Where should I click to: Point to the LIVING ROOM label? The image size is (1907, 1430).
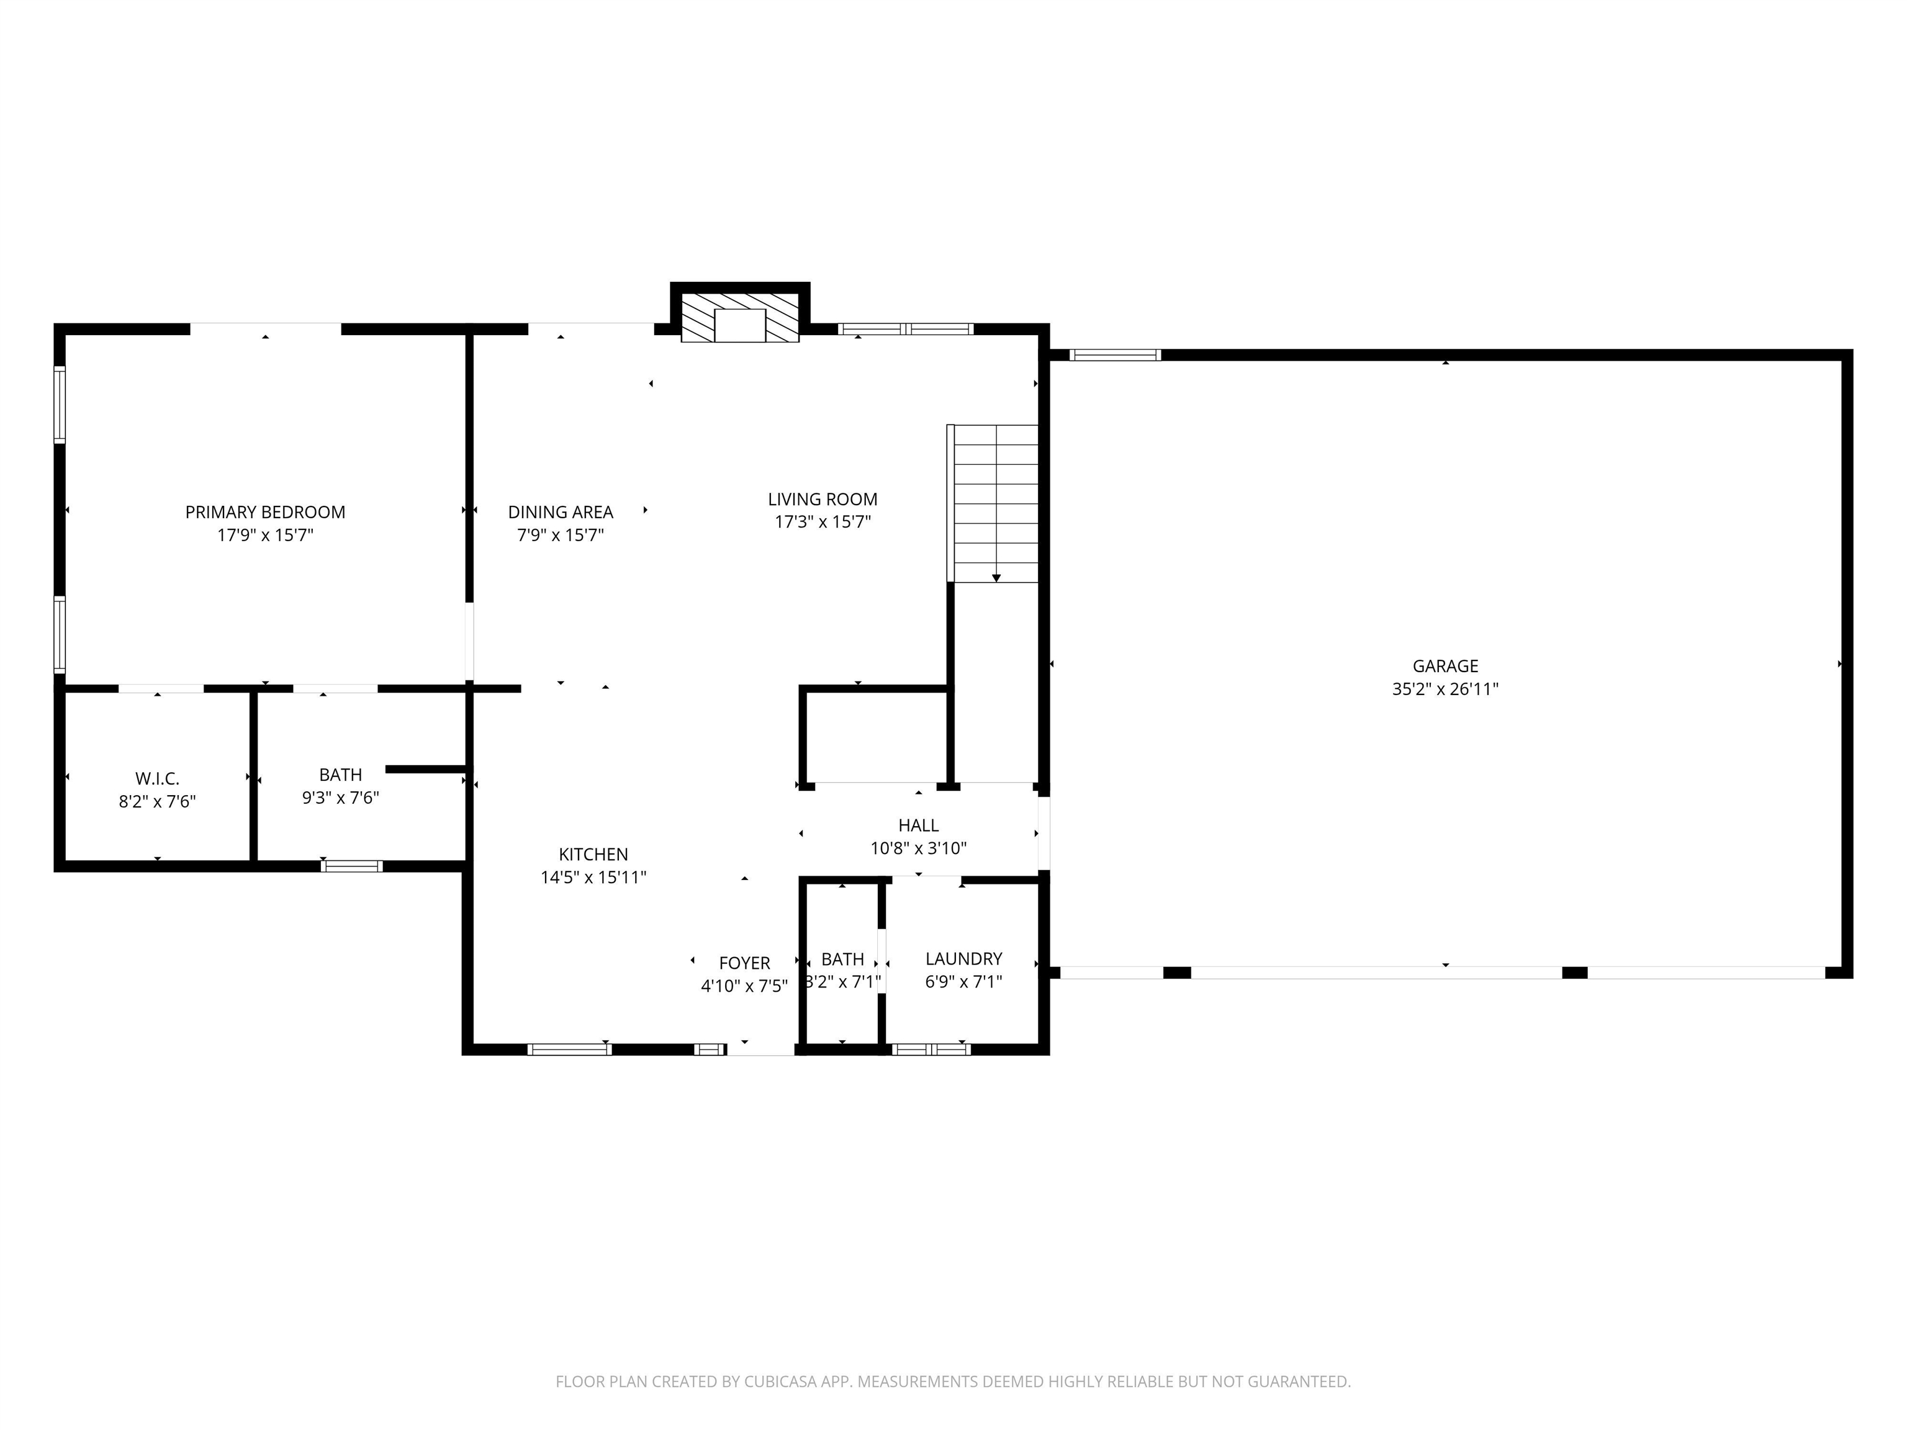(x=823, y=499)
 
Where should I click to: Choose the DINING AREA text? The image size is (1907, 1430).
(x=561, y=512)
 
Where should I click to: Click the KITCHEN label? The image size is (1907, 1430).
(x=593, y=854)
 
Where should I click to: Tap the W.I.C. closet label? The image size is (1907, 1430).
(x=157, y=779)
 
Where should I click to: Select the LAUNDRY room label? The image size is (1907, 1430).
(x=963, y=958)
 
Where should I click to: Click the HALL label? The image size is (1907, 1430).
(x=918, y=825)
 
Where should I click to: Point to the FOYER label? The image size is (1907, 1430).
(x=745, y=963)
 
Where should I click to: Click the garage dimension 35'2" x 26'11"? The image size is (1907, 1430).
(x=1445, y=689)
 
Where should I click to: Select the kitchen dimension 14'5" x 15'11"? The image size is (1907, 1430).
(x=593, y=878)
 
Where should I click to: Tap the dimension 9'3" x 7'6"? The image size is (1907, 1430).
(x=341, y=798)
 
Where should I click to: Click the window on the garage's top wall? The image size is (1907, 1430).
(x=1116, y=354)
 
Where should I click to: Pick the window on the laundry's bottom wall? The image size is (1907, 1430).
(x=931, y=1049)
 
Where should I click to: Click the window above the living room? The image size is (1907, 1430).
(x=905, y=328)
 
